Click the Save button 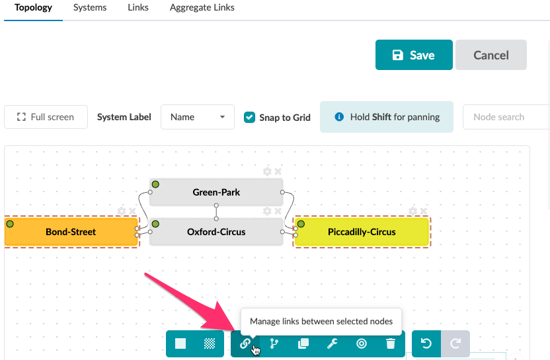(414, 55)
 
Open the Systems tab (90, 7)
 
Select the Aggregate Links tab (202, 7)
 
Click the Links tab (138, 7)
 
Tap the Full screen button (46, 117)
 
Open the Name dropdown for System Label (198, 117)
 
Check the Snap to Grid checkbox (249, 117)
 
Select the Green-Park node (216, 192)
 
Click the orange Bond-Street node (71, 232)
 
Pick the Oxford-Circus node (216, 232)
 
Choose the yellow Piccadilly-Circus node (362, 232)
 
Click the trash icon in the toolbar (391, 343)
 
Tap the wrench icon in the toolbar (332, 343)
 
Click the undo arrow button (426, 343)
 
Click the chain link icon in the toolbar (245, 343)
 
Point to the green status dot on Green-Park (155, 184)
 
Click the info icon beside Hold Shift (339, 117)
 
